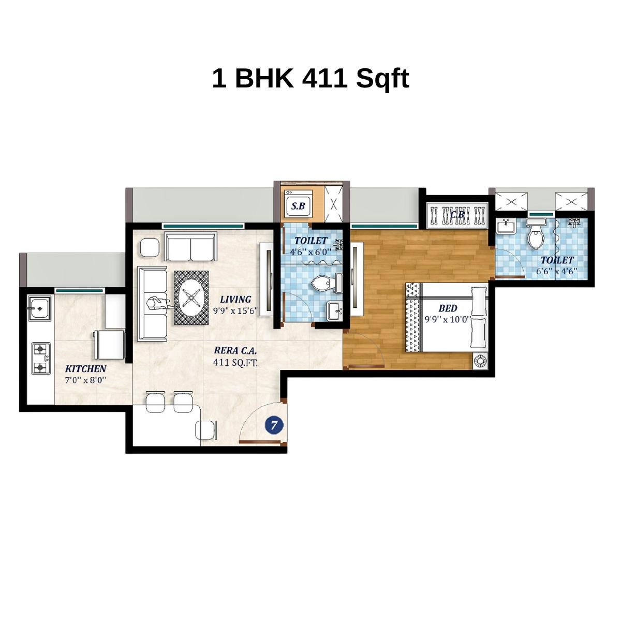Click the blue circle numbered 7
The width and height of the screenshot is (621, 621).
(x=274, y=425)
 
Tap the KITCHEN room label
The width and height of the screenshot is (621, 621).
(x=86, y=369)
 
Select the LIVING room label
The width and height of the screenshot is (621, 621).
(x=235, y=299)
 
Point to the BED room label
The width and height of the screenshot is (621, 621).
(x=448, y=308)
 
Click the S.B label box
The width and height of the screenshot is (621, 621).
(x=299, y=206)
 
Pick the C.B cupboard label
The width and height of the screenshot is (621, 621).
(x=457, y=214)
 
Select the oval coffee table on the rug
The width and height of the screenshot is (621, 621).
(x=191, y=298)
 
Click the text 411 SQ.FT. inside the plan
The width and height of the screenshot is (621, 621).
(x=235, y=362)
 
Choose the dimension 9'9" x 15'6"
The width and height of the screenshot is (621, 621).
(x=235, y=310)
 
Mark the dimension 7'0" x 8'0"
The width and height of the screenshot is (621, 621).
(x=86, y=380)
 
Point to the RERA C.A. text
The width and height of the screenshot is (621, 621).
(x=235, y=351)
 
